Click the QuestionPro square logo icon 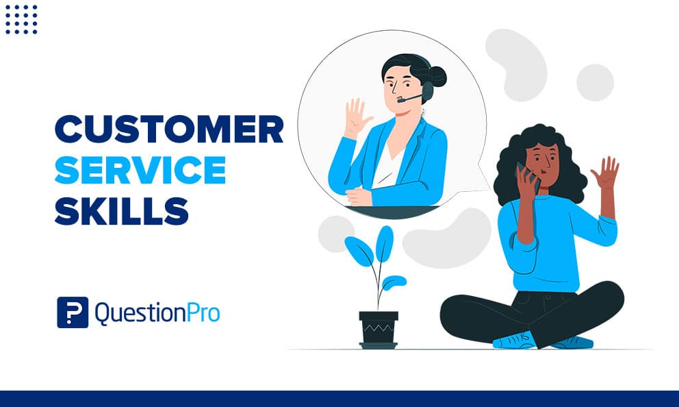73,312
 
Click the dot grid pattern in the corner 21,18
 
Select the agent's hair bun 436,76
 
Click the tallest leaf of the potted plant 385,244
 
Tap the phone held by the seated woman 526,175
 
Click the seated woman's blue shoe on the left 514,341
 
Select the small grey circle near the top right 595,83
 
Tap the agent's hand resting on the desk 359,196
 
